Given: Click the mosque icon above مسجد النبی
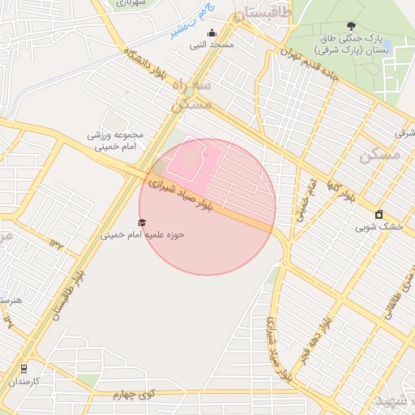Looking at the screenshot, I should (212, 33).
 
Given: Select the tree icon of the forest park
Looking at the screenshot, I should (350, 27).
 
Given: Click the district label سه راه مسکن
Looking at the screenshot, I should (192, 95).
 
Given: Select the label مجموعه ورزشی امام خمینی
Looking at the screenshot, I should (118, 141).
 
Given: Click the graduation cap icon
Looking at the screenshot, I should (143, 222).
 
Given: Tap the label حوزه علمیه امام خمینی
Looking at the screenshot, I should (143, 235).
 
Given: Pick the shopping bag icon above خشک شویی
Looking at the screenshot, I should (379, 214).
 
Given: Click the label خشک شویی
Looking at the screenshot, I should (379, 227).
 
